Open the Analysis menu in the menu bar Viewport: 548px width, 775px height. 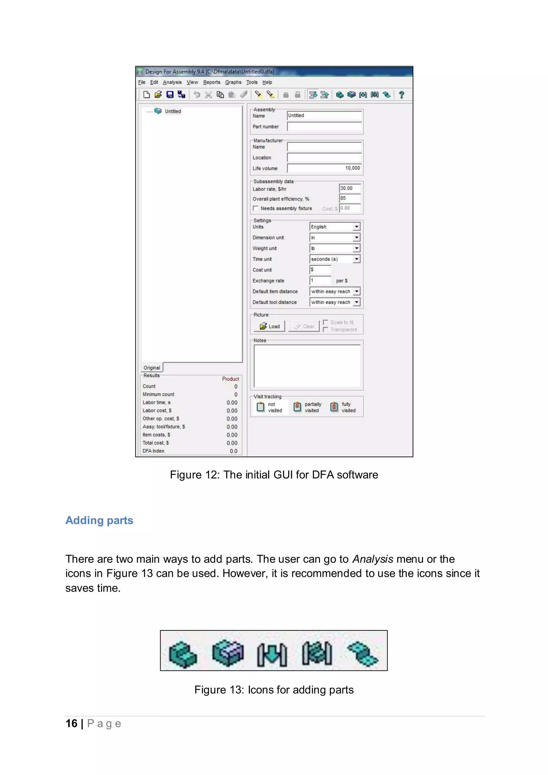(x=172, y=82)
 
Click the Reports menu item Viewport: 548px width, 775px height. (x=212, y=82)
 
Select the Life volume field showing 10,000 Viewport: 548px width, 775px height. (x=324, y=168)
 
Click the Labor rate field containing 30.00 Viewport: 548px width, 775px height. (x=349, y=188)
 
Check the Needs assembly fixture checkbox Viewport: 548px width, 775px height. (x=256, y=208)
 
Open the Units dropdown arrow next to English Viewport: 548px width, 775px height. (x=357, y=227)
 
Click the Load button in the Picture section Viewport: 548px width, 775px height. (x=270, y=326)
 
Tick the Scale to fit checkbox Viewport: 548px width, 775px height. (x=326, y=322)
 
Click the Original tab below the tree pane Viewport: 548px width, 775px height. (x=152, y=368)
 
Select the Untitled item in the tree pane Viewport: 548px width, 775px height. (x=173, y=111)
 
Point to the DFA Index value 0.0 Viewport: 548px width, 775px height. (x=234, y=451)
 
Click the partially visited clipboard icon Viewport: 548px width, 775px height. (x=297, y=407)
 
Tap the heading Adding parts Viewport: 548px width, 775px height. (x=99, y=521)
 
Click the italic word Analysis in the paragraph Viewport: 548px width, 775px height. (x=372, y=559)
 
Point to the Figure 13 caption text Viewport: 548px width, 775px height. (x=274, y=690)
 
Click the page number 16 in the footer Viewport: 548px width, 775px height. (x=71, y=723)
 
